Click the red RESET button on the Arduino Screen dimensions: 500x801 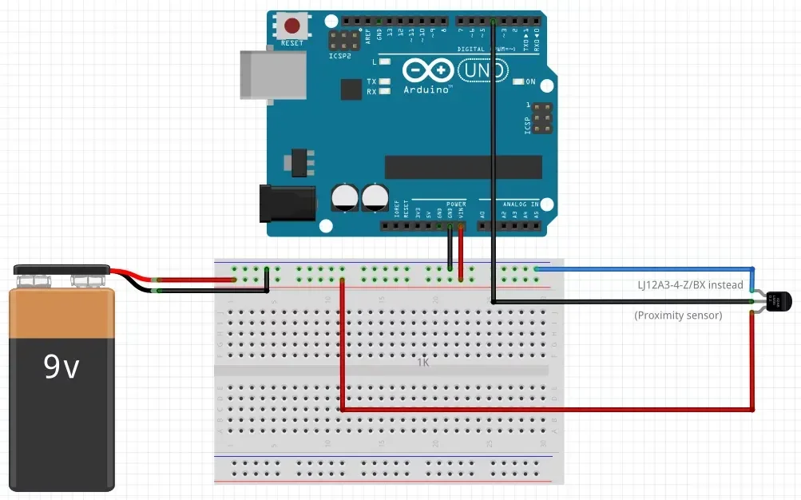(291, 26)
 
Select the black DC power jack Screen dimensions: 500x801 (287, 204)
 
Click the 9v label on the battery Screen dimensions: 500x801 (61, 367)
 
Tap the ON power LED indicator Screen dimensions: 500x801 (529, 81)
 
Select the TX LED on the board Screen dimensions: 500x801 (385, 82)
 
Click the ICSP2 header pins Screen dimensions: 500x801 (343, 40)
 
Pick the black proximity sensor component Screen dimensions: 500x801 (778, 301)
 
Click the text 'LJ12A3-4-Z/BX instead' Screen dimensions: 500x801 (690, 285)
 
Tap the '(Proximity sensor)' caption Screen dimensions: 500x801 (678, 315)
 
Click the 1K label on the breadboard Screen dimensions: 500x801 (423, 362)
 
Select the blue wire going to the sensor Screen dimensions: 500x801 (647, 268)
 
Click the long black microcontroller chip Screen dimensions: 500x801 (463, 167)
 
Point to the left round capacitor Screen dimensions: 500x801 (345, 197)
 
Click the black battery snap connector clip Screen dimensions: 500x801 (61, 272)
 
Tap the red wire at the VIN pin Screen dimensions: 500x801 (461, 252)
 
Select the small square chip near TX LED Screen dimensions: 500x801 (351, 89)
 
